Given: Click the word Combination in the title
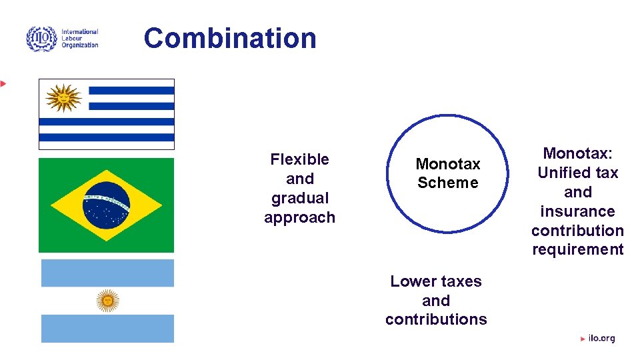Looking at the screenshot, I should pos(230,38).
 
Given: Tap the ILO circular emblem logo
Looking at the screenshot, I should pos(41,39).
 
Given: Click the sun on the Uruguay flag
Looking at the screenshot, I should pos(63,99).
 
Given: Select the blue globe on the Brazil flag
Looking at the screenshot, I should pos(107,205).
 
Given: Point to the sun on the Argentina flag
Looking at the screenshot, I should pos(107,301).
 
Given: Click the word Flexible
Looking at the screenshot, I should pos(299,159).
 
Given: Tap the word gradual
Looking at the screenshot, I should pos(300,198).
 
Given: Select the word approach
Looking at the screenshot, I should pos(299,217).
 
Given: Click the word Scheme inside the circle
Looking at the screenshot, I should pos(447,183).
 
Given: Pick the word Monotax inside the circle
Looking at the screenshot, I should pos(447,164).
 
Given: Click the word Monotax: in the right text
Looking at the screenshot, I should pos(577,153).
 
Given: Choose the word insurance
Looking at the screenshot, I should pos(577,211).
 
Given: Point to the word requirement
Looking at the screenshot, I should pos(577,249).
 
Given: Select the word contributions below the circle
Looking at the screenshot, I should pos(436,319).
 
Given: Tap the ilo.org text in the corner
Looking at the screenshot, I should pos(601,339).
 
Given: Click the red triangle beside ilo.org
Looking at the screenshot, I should pos(583,339).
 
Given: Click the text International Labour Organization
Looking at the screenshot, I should pos(79,39).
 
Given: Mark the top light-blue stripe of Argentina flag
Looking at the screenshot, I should pos(107,273).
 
